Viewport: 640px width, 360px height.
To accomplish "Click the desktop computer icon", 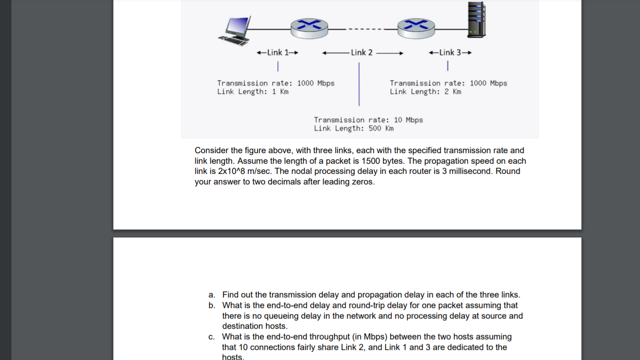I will pyautogui.click(x=235, y=31).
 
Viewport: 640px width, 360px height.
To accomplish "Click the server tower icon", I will pyautogui.click(x=476, y=20).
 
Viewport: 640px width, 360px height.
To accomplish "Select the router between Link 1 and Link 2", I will pyautogui.click(x=309, y=28).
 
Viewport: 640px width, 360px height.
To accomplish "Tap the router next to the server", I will pyautogui.click(x=416, y=28).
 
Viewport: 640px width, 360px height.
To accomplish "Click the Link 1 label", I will pyautogui.click(x=277, y=52).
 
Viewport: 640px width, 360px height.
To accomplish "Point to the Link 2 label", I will pyautogui.click(x=362, y=53).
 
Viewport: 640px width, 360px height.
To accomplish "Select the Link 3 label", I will pyautogui.click(x=450, y=52).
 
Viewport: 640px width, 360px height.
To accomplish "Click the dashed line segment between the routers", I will pyautogui.click(x=363, y=30).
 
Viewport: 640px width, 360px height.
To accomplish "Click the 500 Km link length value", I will pyautogui.click(x=381, y=128).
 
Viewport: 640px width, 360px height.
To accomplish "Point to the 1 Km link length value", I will pyautogui.click(x=280, y=92).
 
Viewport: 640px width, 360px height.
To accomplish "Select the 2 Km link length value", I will pyautogui.click(x=453, y=92).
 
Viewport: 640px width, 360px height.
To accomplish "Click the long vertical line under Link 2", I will pyautogui.click(x=359, y=84).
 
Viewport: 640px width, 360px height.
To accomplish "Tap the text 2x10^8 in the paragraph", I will pyautogui.click(x=232, y=171).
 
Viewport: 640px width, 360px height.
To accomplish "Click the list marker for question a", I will pyautogui.click(x=212, y=295).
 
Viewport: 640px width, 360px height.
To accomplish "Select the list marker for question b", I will pyautogui.click(x=212, y=305).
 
